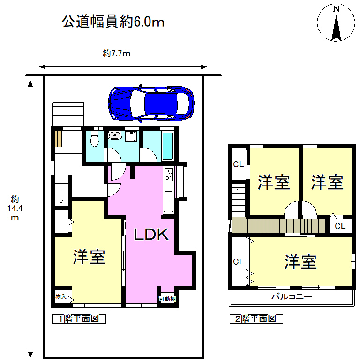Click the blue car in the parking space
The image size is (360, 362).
[151, 103]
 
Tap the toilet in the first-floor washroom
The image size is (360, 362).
[94, 139]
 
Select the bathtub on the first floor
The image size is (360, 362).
[168, 146]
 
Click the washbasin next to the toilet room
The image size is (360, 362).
[115, 135]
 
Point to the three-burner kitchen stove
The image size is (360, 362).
[169, 174]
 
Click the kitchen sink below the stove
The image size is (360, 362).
[169, 201]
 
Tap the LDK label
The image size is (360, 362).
[151, 234]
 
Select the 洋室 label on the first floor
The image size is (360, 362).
[89, 257]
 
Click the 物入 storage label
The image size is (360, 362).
[61, 296]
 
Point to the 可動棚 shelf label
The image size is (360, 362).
[167, 299]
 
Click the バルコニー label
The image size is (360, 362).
[292, 296]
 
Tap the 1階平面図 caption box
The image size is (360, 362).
[79, 319]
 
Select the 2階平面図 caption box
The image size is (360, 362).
[256, 319]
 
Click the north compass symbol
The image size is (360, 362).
[336, 22]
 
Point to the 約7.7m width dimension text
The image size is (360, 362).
[116, 53]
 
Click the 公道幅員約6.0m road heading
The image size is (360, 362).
[113, 22]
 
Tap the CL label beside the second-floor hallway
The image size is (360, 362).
[340, 226]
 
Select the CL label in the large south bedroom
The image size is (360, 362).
[239, 262]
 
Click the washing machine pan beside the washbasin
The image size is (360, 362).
[131, 136]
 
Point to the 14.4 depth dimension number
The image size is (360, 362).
[15, 208]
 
